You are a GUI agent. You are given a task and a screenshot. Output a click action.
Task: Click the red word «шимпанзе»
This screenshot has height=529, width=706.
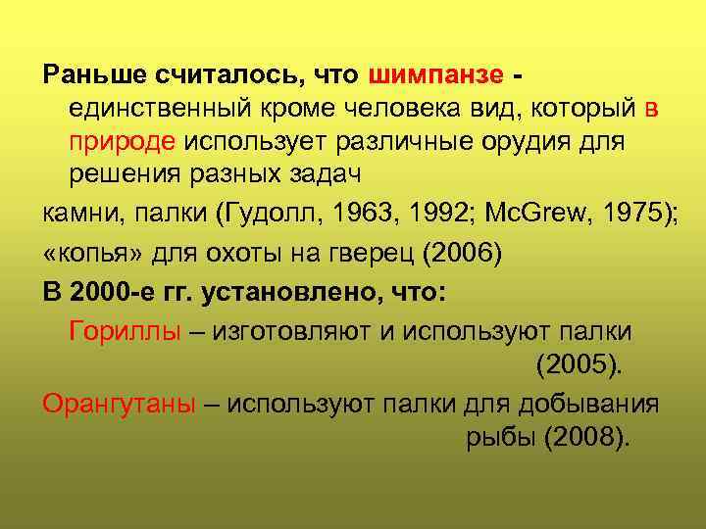tap(437, 75)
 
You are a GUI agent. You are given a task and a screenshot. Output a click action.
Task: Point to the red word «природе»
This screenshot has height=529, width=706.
tap(122, 142)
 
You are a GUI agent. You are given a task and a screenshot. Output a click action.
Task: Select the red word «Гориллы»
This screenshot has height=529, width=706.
tap(126, 330)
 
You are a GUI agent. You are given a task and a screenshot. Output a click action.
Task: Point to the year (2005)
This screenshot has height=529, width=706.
tap(580, 365)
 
